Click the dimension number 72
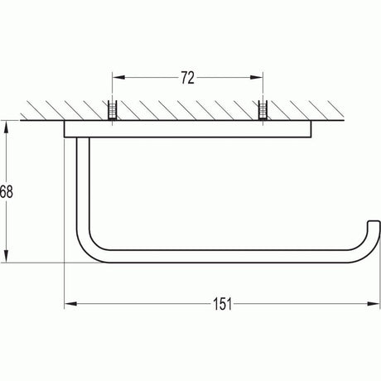pos(187,78)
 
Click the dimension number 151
pos(221,304)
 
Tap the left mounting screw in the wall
pos(112,111)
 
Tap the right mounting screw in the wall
pos(263,111)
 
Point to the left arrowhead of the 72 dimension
pos(117,78)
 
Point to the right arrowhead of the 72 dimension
pos(258,78)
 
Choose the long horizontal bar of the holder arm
pos(224,253)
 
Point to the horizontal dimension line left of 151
pos(141,304)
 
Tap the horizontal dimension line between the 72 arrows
pos(149,78)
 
